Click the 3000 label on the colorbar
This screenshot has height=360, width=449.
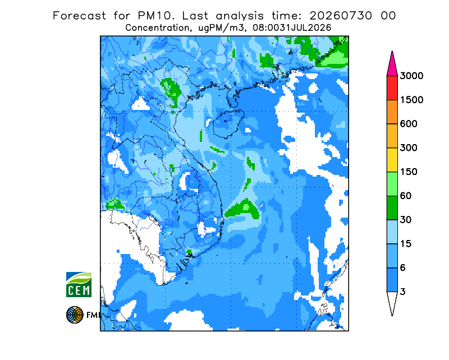pyautogui.click(x=411, y=76)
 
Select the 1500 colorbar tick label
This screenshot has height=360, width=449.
pyautogui.click(x=411, y=100)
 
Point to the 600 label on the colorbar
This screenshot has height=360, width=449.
pyautogui.click(x=409, y=124)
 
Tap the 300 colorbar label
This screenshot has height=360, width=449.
pyautogui.click(x=409, y=148)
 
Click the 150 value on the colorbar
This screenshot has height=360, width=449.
pyautogui.click(x=409, y=172)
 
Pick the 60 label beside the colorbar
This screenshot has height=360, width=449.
pyautogui.click(x=406, y=196)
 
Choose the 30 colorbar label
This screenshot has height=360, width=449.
pyautogui.click(x=406, y=220)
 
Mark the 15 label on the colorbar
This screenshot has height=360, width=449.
pyautogui.click(x=406, y=244)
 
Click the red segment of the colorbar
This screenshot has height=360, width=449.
pyautogui.click(x=392, y=88)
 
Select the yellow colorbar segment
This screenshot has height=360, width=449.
pyautogui.click(x=392, y=160)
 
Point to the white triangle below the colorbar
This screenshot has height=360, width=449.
pyautogui.click(x=392, y=302)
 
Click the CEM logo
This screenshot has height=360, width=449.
pyautogui.click(x=79, y=284)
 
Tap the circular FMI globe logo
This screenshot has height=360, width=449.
pyautogui.click(x=75, y=315)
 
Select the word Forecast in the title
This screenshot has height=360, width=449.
pyautogui.click(x=79, y=16)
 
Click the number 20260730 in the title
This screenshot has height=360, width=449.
pyautogui.click(x=341, y=16)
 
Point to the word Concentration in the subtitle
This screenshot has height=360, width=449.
pyautogui.click(x=158, y=28)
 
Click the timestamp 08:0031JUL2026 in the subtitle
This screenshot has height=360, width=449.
pyautogui.click(x=292, y=28)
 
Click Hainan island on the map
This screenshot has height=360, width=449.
pyautogui.click(x=227, y=124)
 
